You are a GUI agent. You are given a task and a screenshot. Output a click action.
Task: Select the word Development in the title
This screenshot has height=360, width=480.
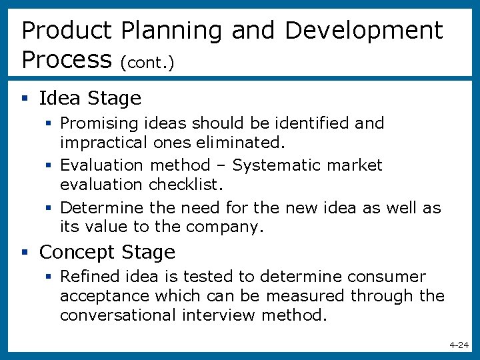[x=363, y=31]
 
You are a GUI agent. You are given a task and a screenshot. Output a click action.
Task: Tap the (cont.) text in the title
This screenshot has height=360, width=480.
[x=147, y=62]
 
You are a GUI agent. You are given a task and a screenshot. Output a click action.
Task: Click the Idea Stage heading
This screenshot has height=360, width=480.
[x=90, y=99]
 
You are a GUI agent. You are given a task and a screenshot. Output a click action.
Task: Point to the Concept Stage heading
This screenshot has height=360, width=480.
[x=107, y=252]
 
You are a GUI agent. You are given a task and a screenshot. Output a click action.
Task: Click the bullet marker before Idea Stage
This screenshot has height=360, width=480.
[x=25, y=99]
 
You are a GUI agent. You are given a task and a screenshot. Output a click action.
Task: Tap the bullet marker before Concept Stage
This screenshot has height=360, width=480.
[x=25, y=253]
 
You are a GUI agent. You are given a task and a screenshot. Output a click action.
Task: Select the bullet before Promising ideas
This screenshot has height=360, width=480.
[x=51, y=123]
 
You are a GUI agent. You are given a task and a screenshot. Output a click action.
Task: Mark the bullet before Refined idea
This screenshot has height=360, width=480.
[x=51, y=277]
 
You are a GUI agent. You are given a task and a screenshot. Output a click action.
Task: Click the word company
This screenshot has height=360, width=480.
[x=225, y=227]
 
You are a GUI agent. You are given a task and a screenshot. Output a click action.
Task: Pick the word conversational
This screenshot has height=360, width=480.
[x=118, y=315]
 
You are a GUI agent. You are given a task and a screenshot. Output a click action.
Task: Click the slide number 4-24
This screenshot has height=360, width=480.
[x=459, y=345]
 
